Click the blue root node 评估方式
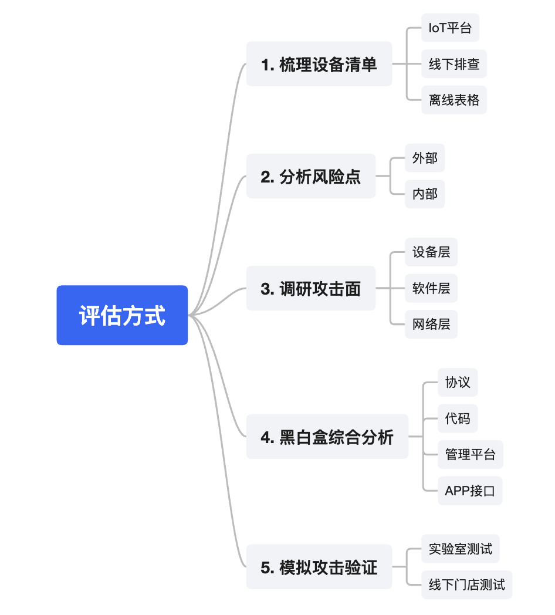(122, 315)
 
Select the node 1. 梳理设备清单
(319, 64)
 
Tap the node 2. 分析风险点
(310, 176)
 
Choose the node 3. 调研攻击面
(310, 288)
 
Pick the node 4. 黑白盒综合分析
(327, 437)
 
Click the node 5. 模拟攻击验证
(319, 567)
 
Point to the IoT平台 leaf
(450, 28)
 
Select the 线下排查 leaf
(454, 64)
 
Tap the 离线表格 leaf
(454, 100)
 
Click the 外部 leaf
(425, 158)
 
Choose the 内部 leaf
(425, 194)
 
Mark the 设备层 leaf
(431, 252)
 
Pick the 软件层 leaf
(431, 288)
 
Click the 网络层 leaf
(431, 324)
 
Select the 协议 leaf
(458, 383)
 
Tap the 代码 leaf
(458, 419)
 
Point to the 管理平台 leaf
(470, 455)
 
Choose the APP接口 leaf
(470, 491)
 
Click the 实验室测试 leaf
(460, 549)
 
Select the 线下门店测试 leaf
(466, 584)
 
